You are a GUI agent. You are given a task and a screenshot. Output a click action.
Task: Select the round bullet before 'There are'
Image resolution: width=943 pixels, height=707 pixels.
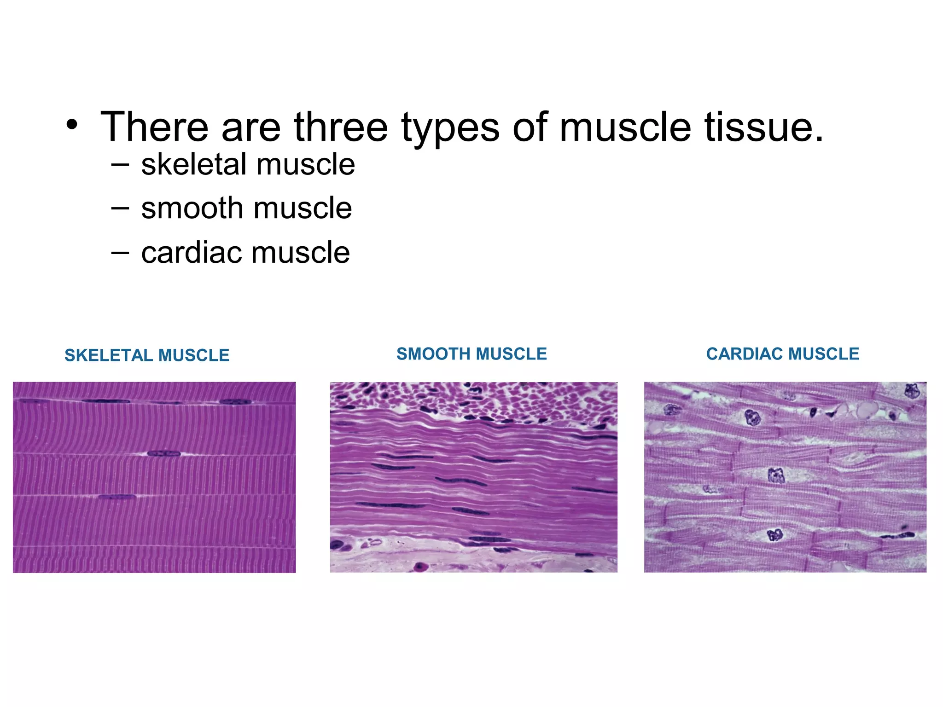pos(71,125)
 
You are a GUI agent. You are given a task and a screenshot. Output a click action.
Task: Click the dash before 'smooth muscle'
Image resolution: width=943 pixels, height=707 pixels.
pos(120,209)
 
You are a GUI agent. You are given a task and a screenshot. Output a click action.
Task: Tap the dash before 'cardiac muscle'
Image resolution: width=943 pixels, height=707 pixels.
pos(120,253)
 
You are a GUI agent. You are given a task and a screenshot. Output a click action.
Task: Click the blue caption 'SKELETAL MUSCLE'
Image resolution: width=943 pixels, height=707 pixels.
pos(147,355)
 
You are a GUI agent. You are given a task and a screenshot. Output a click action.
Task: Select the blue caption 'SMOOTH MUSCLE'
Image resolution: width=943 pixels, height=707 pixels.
pos(471,354)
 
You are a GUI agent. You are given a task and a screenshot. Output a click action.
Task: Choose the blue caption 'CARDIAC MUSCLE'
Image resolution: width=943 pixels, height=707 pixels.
pos(783,354)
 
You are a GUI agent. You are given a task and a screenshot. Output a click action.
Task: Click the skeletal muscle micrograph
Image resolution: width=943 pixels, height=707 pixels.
pos(154,477)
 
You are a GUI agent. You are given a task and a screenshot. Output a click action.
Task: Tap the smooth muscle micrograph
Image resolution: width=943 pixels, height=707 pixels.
pos(473,477)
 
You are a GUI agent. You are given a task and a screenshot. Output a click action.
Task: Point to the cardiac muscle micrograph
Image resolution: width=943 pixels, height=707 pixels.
pos(785,477)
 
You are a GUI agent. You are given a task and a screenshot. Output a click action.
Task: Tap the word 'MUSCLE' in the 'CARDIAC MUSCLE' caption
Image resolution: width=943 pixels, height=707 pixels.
pos(824,354)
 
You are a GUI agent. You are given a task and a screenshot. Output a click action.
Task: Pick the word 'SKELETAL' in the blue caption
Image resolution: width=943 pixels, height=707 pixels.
pos(109,355)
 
